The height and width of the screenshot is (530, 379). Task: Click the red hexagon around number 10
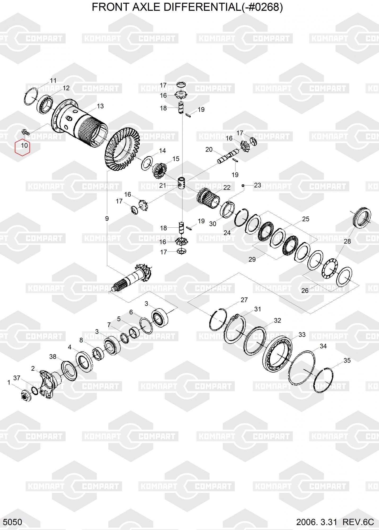(23, 148)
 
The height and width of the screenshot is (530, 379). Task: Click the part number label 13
(100, 106)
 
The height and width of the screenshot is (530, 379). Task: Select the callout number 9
(107, 219)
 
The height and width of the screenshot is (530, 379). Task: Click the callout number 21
(163, 185)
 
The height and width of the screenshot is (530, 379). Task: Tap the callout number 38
(53, 357)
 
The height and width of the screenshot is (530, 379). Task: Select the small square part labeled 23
(243, 185)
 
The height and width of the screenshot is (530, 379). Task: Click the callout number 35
(347, 360)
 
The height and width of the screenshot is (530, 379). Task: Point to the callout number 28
(347, 241)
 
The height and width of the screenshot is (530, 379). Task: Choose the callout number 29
(252, 259)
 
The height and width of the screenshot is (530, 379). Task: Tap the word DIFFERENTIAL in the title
(201, 7)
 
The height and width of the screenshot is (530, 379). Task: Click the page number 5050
(13, 522)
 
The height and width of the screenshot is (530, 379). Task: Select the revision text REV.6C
(358, 522)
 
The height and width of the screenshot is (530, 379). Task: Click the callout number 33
(302, 335)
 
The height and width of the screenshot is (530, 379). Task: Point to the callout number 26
(305, 291)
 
